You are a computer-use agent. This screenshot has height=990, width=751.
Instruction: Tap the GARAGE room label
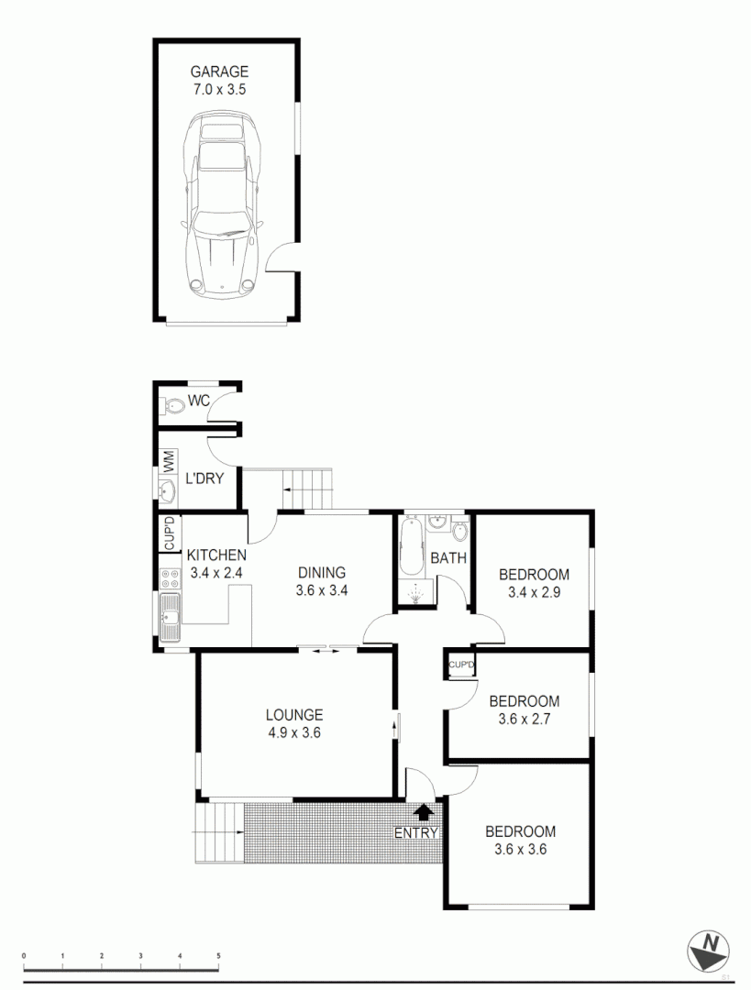(x=219, y=71)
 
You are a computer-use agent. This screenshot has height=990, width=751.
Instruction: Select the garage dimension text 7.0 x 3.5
(x=219, y=90)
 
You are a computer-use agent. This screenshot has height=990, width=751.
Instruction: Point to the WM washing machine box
(x=169, y=461)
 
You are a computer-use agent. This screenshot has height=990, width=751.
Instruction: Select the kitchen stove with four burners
(x=170, y=578)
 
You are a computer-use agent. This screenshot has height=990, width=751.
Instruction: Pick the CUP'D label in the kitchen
(x=169, y=534)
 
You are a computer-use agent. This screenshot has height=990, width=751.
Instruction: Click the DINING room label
(x=321, y=573)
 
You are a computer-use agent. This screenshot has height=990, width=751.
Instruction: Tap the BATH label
(x=448, y=557)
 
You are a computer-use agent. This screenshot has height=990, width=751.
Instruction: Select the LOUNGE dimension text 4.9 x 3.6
(x=294, y=732)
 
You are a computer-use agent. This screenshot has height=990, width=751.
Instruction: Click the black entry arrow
(x=423, y=810)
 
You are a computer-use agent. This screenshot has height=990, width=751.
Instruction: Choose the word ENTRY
(x=416, y=832)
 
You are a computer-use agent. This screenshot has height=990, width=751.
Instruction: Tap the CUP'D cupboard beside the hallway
(x=461, y=665)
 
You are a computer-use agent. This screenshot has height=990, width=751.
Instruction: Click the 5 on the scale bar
(x=219, y=955)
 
